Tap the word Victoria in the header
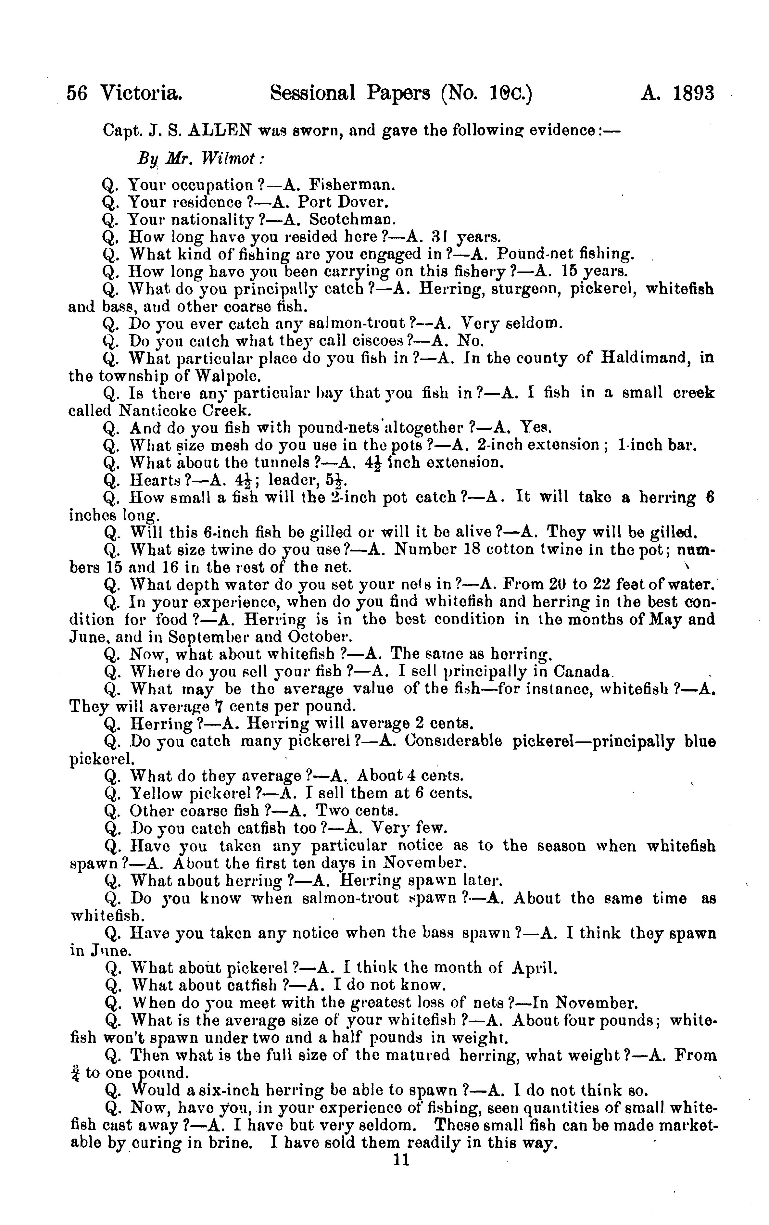point(141,94)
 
